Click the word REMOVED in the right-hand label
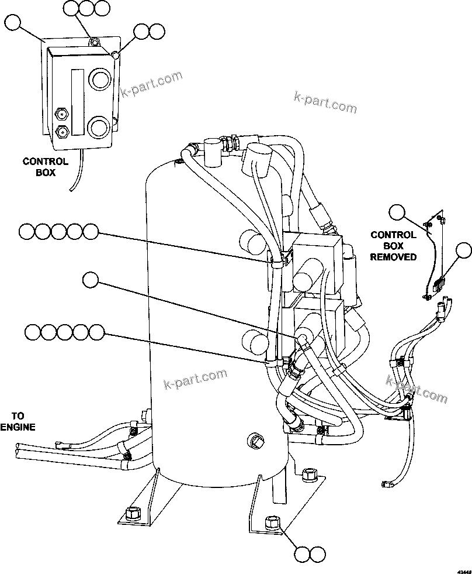394,257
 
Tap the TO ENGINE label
17,421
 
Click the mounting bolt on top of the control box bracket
93,42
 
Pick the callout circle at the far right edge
463,250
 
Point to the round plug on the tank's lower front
255,439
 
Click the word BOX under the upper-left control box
44,173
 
